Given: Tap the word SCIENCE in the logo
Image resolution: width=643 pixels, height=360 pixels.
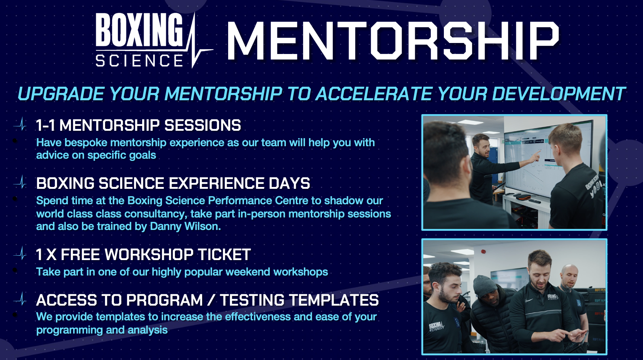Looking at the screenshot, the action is [x=139, y=61].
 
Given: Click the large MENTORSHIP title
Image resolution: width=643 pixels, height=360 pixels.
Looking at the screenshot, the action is [x=393, y=41].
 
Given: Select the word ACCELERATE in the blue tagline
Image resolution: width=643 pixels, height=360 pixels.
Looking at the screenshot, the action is [x=374, y=94].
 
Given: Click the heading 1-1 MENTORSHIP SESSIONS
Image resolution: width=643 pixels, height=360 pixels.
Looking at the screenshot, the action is [x=139, y=125].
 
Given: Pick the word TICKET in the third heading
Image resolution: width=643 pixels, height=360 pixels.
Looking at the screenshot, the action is [x=224, y=255].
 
